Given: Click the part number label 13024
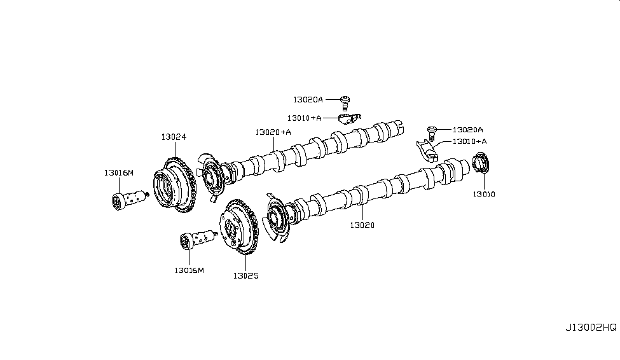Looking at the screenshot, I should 174,137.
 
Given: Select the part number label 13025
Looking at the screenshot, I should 245,276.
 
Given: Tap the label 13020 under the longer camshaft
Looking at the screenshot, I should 361,225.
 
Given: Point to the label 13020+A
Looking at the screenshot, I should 273,132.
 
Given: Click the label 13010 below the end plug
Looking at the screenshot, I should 483,193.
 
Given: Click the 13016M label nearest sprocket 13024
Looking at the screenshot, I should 120,172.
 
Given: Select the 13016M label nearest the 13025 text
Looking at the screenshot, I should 189,270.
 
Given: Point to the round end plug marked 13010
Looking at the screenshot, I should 483,163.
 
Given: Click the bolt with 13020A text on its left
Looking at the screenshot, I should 347,100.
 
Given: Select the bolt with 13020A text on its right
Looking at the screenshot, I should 432,130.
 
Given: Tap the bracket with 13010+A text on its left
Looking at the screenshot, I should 348,119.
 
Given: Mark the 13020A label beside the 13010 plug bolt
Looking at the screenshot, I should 467,129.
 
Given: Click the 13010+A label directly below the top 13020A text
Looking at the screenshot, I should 304,118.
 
